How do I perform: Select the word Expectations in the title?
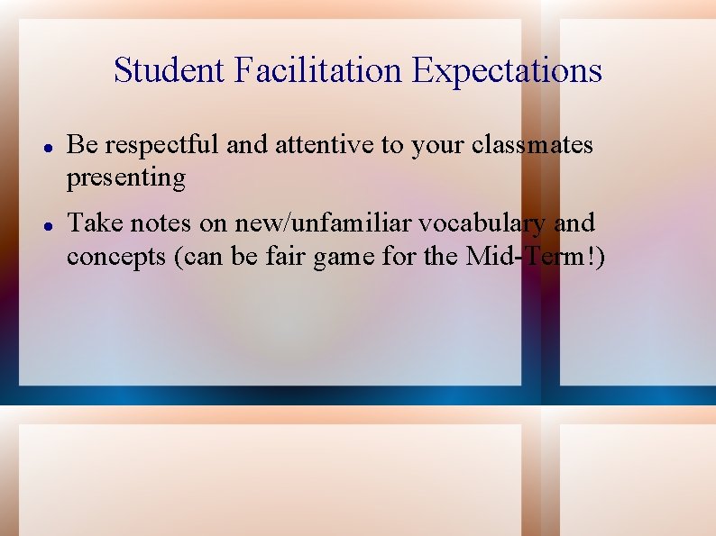[508, 70]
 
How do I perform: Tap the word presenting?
[125, 178]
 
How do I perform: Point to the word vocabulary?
[474, 223]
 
